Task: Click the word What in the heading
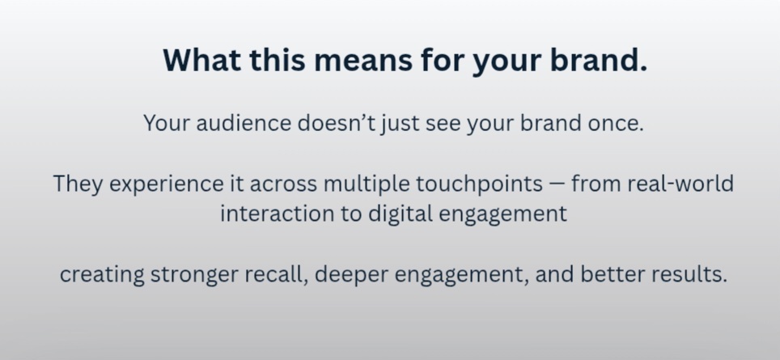click(201, 60)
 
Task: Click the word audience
click(244, 123)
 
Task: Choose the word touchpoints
click(480, 184)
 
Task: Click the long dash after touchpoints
click(557, 183)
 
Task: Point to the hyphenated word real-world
click(680, 184)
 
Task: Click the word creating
click(102, 275)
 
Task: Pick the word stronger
click(194, 275)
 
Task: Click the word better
click(613, 274)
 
